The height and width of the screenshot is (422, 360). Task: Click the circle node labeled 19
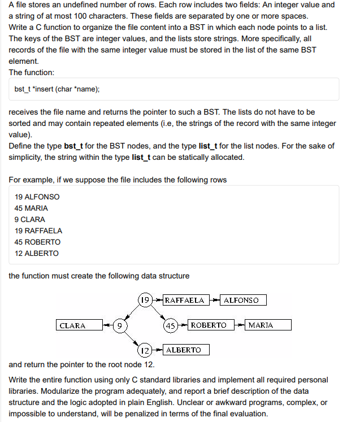tap(145, 300)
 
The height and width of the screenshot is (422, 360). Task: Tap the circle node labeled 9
tap(119, 325)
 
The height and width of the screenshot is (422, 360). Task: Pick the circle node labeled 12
tap(145, 350)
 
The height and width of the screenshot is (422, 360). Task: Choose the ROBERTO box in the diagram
tap(208, 325)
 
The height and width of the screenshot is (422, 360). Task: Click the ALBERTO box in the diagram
tap(186, 350)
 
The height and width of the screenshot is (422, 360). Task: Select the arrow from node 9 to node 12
tap(132, 338)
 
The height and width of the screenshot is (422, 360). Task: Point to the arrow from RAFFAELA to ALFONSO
tap(214, 301)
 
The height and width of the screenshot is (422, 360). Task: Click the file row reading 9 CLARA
tap(30, 219)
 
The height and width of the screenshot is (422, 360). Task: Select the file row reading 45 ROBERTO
tap(37, 242)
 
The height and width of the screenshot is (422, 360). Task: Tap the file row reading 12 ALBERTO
tap(36, 253)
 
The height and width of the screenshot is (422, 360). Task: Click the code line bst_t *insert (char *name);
tap(57, 89)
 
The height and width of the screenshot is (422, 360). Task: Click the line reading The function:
tap(32, 72)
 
